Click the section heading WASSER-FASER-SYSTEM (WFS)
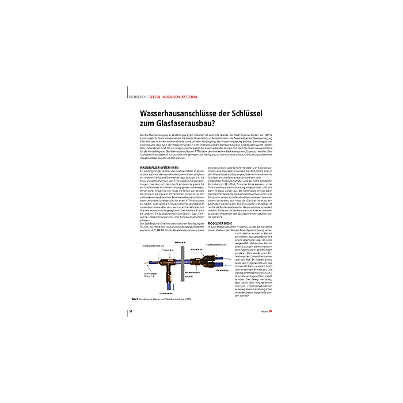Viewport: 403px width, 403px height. coord(159,168)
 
